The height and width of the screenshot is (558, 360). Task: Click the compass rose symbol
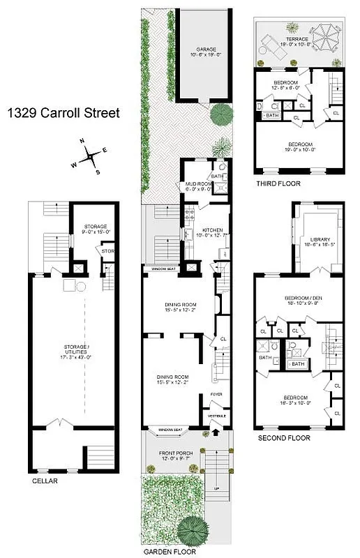[91, 158]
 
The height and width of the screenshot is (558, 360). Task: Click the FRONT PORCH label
[170, 454]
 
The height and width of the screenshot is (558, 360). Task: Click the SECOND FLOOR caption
[284, 438]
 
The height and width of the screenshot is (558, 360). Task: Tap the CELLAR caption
[44, 481]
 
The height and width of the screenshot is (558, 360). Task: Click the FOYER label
[216, 395]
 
